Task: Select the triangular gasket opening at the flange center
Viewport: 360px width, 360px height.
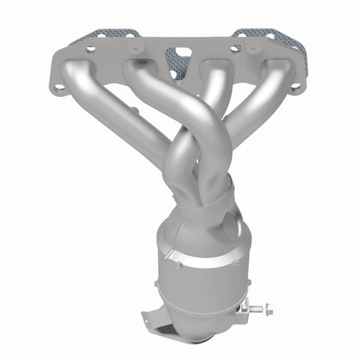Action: click(180, 62)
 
